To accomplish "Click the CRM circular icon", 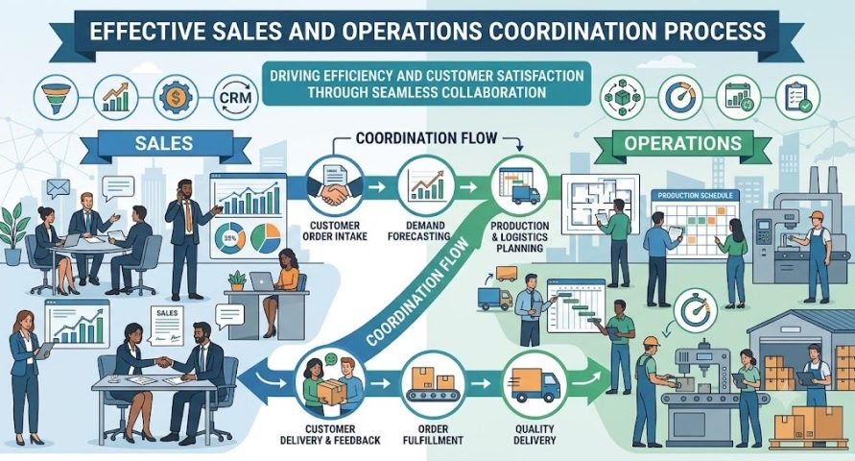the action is click(235, 98).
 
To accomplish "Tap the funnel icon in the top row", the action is click(56, 98).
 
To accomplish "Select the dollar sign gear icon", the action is click(176, 98).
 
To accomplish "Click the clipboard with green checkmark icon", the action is click(797, 98).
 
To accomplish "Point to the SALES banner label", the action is click(163, 143).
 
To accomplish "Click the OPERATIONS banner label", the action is click(682, 143).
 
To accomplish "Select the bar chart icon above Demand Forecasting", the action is click(426, 184).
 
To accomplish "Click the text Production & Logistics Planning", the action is click(520, 237).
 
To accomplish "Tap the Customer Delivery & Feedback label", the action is click(330, 434).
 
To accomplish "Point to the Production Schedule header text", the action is click(695, 195).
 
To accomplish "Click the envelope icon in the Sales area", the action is click(58, 188).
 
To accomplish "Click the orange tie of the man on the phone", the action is click(188, 215).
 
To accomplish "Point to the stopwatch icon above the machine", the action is click(695, 311).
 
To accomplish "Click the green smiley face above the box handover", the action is click(329, 359).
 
